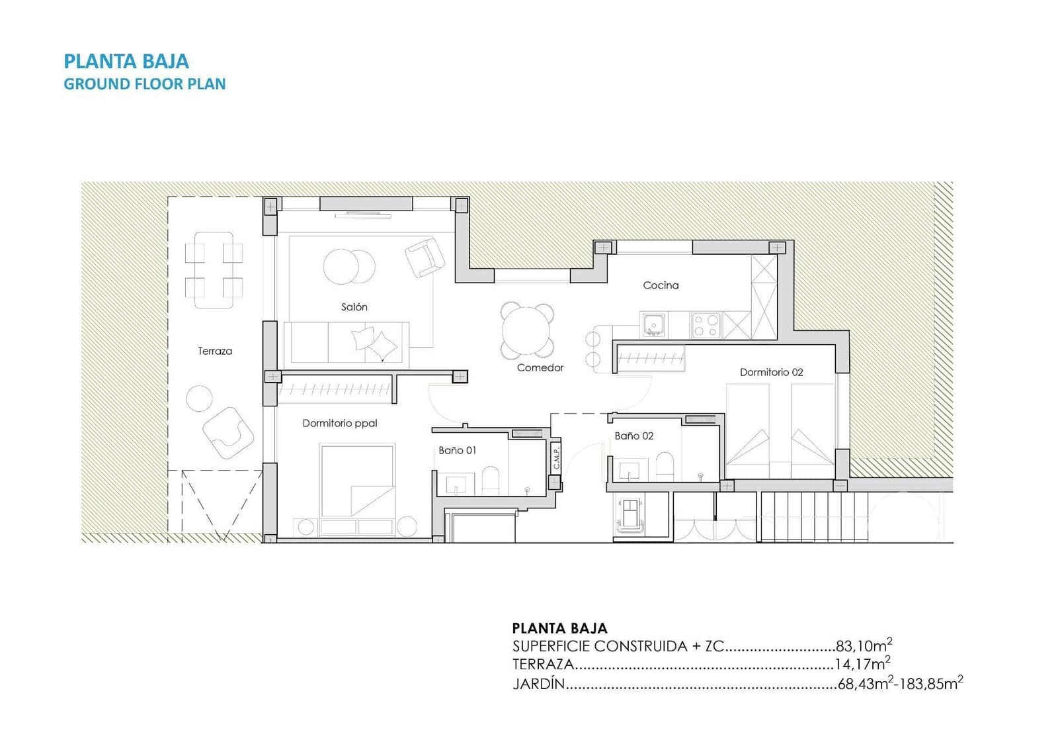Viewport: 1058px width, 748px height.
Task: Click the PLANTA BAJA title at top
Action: [x=126, y=62]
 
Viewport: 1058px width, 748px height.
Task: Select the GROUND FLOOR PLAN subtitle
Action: [x=144, y=84]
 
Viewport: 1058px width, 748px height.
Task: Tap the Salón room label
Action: [x=354, y=307]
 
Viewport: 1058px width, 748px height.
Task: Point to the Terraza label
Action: [x=215, y=351]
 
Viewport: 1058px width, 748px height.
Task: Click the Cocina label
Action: [x=661, y=285]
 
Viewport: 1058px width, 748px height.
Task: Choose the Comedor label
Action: [x=540, y=367]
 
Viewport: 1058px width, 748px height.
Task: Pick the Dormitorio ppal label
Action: [x=340, y=423]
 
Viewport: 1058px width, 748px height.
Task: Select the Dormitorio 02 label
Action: [x=771, y=372]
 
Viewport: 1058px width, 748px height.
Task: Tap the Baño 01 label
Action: [x=457, y=450]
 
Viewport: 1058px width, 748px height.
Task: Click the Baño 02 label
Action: [x=633, y=436]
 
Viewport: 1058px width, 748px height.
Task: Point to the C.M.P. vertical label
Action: [x=556, y=457]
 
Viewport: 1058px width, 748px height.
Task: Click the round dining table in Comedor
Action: [x=526, y=330]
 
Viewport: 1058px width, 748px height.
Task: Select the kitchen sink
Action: [x=654, y=325]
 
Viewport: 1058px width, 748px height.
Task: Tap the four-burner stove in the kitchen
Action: [x=706, y=325]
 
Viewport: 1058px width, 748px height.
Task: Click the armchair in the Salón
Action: [x=425, y=257]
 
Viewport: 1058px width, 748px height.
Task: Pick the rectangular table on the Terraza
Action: [x=214, y=270]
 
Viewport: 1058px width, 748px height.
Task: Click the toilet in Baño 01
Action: [x=490, y=480]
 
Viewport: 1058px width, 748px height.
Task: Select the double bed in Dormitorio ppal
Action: [x=357, y=480]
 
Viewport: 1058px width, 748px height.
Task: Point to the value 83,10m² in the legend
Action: [x=864, y=645]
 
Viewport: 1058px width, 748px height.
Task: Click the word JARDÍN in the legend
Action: [x=538, y=684]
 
